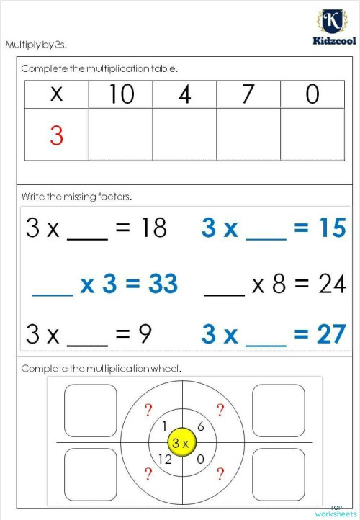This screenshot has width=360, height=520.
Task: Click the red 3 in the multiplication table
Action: pyautogui.click(x=56, y=135)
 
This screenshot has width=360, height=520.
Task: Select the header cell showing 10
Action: pyautogui.click(x=120, y=94)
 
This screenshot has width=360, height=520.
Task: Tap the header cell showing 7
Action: pyautogui.click(x=248, y=94)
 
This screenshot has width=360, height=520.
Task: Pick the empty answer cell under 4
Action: pyautogui.click(x=184, y=134)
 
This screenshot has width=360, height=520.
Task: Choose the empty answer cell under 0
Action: pyautogui.click(x=312, y=134)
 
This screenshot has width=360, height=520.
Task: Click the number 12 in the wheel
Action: pyautogui.click(x=165, y=459)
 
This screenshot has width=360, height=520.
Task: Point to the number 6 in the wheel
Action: pyautogui.click(x=200, y=426)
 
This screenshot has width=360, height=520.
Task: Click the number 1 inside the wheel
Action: pyautogui.click(x=165, y=426)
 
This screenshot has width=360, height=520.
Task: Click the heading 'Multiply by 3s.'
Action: pyautogui.click(x=36, y=45)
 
